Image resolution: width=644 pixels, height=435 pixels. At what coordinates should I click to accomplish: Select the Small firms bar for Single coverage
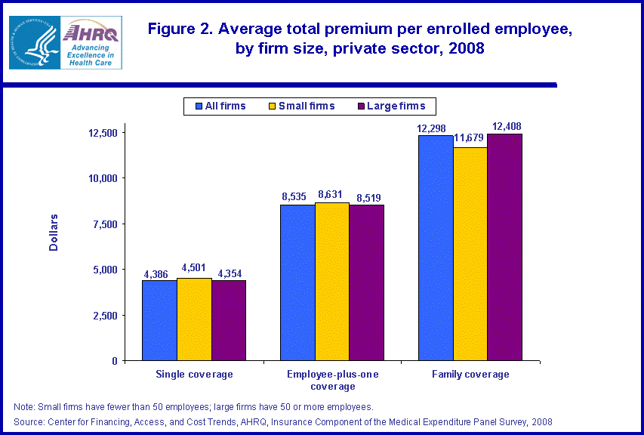coord(194,319)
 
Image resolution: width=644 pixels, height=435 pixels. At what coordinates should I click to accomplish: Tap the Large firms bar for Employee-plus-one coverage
coord(366,282)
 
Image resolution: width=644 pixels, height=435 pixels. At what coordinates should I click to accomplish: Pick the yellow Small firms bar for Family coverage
coord(470,254)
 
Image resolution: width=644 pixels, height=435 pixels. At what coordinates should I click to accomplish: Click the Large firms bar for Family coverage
coord(504,247)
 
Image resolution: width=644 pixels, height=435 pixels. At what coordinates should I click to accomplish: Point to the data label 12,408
coord(506,126)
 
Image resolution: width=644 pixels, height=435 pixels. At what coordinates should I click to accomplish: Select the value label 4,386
coord(159,273)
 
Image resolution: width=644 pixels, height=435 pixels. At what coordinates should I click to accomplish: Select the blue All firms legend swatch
coord(199,106)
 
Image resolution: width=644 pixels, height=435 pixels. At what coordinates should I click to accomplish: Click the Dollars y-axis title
coord(54,233)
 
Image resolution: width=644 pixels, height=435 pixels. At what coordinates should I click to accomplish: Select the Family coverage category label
coord(470,375)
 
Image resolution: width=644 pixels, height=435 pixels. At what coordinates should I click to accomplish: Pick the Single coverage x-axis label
coord(194,375)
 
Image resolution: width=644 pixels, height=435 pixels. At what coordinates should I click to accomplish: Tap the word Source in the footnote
coord(29,421)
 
